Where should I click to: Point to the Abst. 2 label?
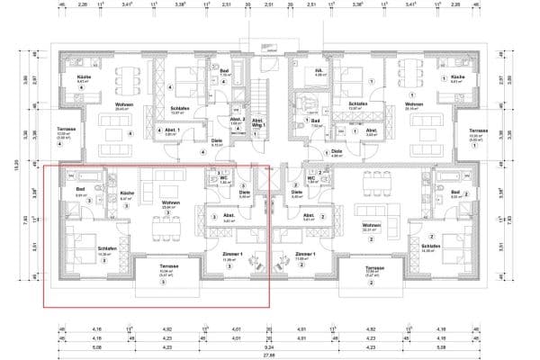pyautogui.click(x=237, y=121)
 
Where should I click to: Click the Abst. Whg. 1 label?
pyautogui.click(x=257, y=121)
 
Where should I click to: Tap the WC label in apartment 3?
pyautogui.click(x=224, y=176)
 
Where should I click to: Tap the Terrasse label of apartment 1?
pyautogui.click(x=478, y=130)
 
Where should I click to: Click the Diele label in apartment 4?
pyautogui.click(x=217, y=140)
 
